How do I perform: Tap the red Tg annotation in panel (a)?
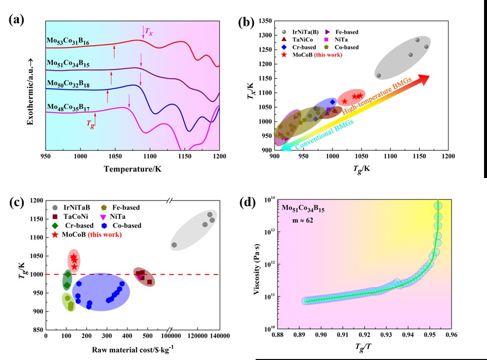[89, 126]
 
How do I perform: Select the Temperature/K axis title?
[133, 169]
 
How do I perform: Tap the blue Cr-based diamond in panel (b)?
[332, 102]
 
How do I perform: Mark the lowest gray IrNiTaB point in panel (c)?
[174, 245]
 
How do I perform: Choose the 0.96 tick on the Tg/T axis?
[451, 336]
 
